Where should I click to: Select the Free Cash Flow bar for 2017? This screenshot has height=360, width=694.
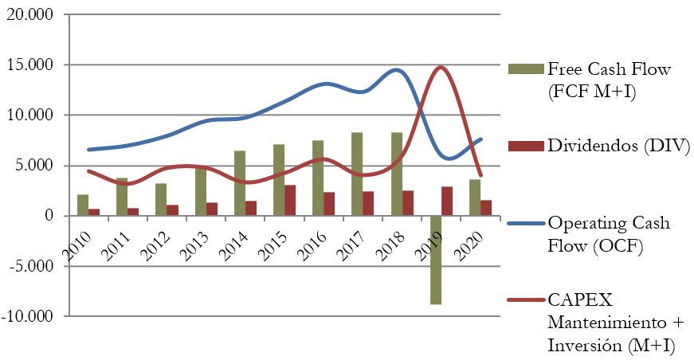click(x=357, y=174)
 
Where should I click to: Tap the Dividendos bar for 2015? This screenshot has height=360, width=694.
click(x=291, y=201)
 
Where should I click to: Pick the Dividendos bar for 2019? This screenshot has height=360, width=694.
click(x=447, y=202)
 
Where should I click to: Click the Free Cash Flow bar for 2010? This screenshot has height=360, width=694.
click(x=83, y=205)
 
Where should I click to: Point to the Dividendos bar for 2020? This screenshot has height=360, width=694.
click(x=486, y=208)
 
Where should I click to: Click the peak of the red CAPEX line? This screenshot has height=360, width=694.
click(x=441, y=68)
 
